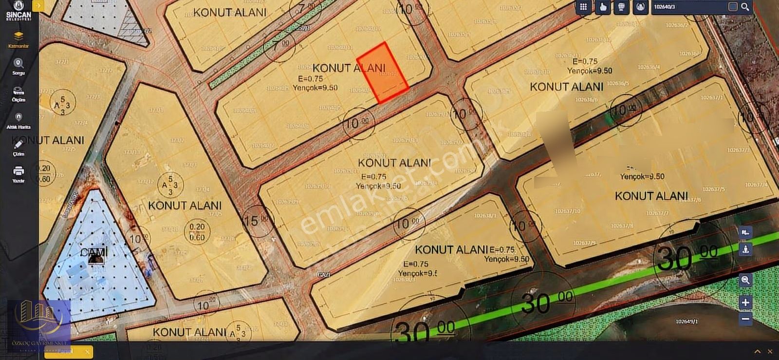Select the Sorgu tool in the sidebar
19,64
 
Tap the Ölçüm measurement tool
19,92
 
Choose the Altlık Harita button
19,118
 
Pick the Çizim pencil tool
19,145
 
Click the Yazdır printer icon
19,171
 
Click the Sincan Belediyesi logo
19,10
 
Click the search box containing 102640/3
688,7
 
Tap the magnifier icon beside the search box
745,7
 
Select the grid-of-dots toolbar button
583,7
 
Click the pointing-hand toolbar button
603,7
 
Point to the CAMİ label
94,252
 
